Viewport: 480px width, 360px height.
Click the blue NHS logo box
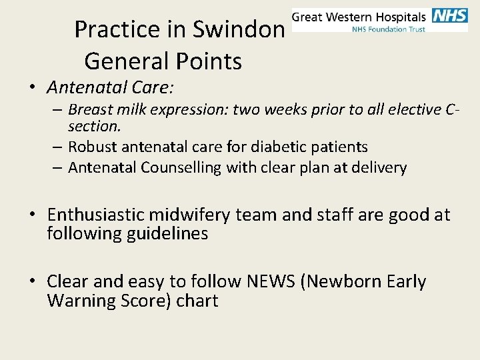coord(450,16)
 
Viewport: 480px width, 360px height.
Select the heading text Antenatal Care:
coord(113,87)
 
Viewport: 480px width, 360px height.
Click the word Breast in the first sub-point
coord(89,109)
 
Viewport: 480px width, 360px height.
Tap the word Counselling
coord(181,167)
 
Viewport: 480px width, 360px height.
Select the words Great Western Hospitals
coord(359,16)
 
